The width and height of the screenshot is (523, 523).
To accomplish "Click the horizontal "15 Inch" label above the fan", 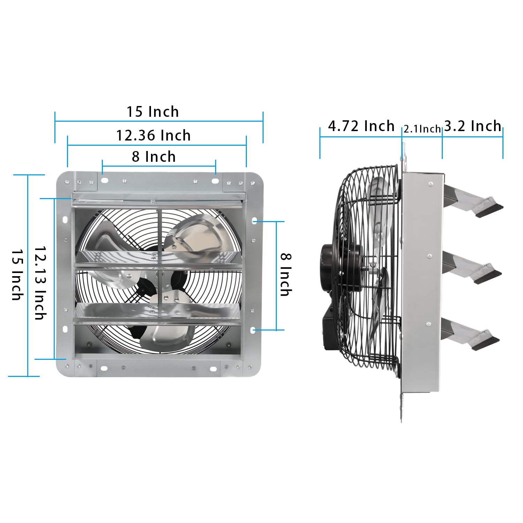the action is pyautogui.click(x=153, y=112).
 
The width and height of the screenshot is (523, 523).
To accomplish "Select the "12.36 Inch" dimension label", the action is pyautogui.click(x=153, y=135).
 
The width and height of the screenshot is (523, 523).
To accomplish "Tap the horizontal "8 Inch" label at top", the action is pyautogui.click(x=154, y=157).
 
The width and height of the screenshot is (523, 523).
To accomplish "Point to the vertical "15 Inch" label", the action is pyautogui.click(x=17, y=274).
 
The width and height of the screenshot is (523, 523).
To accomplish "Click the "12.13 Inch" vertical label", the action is pyautogui.click(x=40, y=283).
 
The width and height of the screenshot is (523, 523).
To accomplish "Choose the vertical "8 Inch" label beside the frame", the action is pyautogui.click(x=286, y=275).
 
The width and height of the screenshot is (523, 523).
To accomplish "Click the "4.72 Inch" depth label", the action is pyautogui.click(x=361, y=126).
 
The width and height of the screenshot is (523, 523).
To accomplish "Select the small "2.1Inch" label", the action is pyautogui.click(x=422, y=129).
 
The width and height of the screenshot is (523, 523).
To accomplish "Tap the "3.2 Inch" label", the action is pyautogui.click(x=473, y=126).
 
